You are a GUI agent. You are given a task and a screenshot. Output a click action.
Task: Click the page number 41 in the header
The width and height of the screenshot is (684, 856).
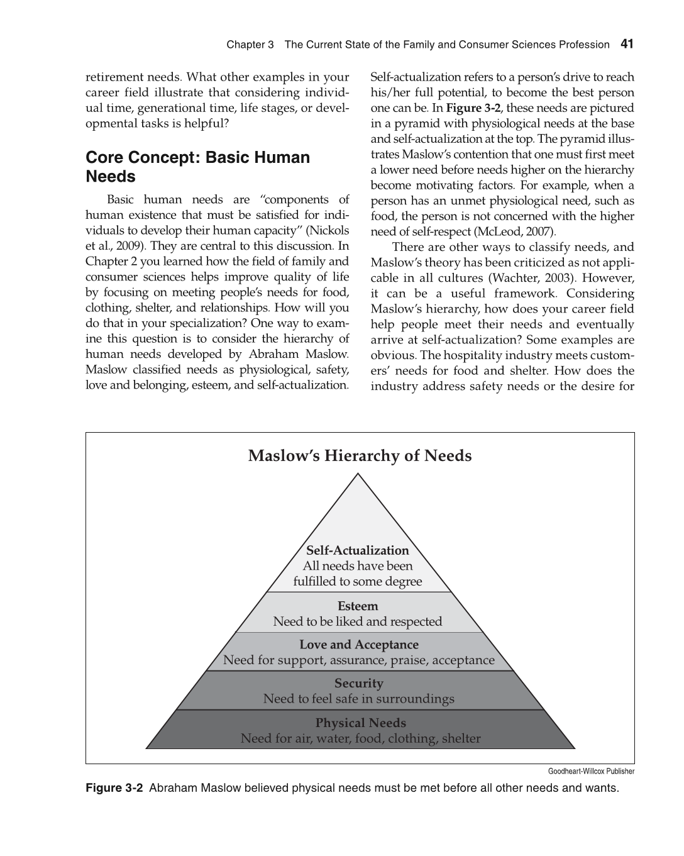(x=627, y=44)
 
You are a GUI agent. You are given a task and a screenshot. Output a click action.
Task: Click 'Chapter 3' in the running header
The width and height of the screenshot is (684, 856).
(x=250, y=45)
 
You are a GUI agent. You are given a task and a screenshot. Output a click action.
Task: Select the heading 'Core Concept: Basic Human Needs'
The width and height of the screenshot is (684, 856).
(x=197, y=167)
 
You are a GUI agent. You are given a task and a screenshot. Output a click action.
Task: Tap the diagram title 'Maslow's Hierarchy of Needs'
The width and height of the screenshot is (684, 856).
(x=360, y=455)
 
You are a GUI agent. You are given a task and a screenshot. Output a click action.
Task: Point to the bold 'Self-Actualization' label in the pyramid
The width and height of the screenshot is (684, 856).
(x=357, y=550)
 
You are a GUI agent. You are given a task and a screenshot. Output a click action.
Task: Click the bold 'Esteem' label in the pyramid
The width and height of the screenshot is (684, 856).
(x=358, y=606)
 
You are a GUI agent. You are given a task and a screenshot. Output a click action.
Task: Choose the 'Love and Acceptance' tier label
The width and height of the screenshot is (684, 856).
(x=358, y=645)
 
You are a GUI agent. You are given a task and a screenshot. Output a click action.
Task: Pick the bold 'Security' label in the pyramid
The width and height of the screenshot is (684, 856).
(x=358, y=683)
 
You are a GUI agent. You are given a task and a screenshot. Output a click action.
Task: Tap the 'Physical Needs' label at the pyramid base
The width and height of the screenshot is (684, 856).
(x=360, y=723)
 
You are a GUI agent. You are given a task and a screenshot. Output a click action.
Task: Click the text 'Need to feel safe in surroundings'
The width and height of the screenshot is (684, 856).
(x=358, y=699)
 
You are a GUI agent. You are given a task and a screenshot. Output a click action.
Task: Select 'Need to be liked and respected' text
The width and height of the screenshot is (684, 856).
(x=357, y=621)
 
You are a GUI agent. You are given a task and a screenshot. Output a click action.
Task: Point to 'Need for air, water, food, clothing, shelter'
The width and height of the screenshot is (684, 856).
(x=360, y=738)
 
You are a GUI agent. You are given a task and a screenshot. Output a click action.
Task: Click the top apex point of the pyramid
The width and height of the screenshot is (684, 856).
(x=358, y=474)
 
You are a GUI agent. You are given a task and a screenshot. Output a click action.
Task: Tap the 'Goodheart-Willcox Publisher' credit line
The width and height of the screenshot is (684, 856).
(x=591, y=771)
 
